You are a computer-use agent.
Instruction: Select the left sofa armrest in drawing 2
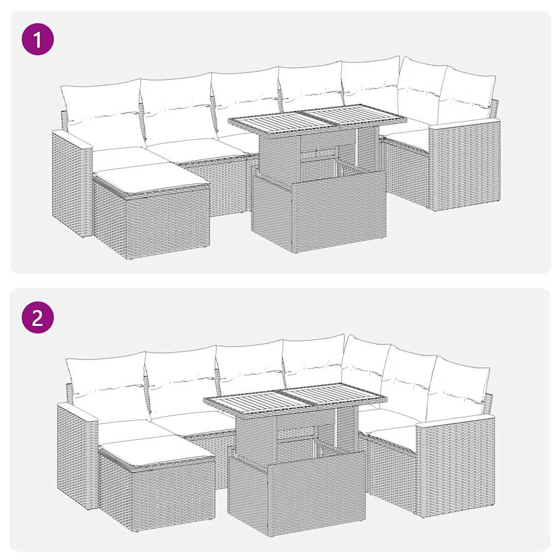pyautogui.click(x=77, y=454)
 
